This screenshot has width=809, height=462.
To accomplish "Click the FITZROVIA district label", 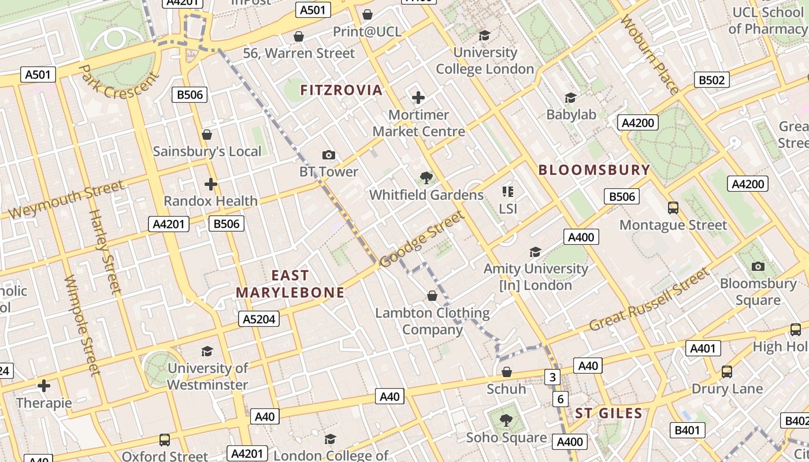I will (x=341, y=90).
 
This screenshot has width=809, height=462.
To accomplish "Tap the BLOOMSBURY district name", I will (x=594, y=170).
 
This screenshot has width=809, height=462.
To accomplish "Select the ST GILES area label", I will (x=608, y=413).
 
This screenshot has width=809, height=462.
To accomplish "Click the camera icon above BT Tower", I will (x=329, y=155).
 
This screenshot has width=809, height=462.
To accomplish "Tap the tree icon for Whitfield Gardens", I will (x=426, y=178).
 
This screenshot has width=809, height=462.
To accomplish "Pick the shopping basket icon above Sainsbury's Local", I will (x=207, y=135).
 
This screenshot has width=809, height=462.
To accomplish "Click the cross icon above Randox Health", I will (x=211, y=184).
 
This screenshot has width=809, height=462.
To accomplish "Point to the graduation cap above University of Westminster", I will (x=207, y=351).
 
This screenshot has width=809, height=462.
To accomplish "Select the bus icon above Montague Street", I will (x=673, y=208).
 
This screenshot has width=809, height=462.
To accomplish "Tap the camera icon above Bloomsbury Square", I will (x=758, y=266).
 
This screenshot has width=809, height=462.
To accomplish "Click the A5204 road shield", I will (x=259, y=319).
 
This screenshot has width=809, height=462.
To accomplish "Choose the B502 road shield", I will (x=711, y=80).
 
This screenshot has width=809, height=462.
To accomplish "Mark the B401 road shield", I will (x=687, y=430).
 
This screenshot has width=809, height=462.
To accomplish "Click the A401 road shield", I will (x=703, y=348).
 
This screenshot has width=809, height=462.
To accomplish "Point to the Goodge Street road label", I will (x=422, y=239).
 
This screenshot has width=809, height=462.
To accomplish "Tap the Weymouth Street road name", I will (x=66, y=199).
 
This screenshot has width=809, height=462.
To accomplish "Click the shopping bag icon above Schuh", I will (x=507, y=372).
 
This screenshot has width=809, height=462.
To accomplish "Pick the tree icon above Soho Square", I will (x=506, y=420).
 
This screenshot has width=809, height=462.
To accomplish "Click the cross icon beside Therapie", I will (x=44, y=386).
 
